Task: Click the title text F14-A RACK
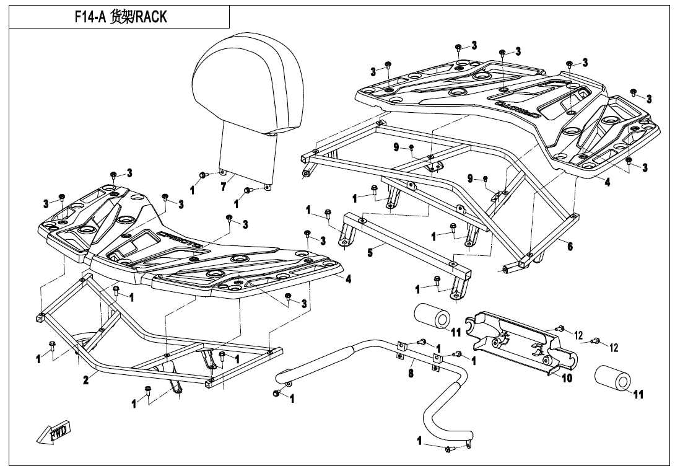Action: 120,17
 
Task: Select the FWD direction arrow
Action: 55,432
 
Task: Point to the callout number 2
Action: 86,379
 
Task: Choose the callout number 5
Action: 370,253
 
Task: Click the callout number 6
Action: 570,246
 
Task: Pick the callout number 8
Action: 411,374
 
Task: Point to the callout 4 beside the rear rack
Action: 607,182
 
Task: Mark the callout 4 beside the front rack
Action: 349,280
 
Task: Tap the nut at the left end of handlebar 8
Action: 276,394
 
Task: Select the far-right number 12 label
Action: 614,348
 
